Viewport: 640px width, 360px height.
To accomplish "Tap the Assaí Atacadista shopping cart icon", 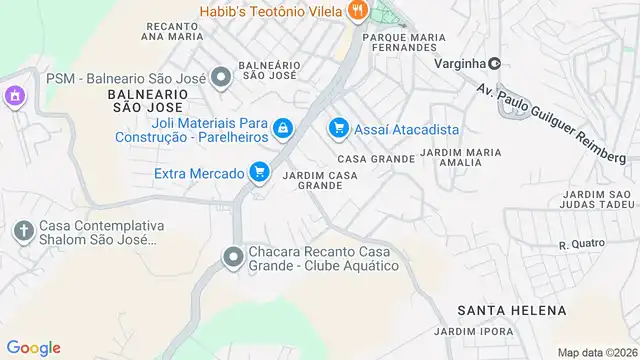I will pyautogui.click(x=339, y=128).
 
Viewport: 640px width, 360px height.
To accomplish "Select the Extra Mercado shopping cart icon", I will pyautogui.click(x=260, y=172).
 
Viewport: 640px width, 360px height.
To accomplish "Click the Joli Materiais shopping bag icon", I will pyautogui.click(x=283, y=128).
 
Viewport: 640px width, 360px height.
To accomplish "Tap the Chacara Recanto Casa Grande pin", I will pyautogui.click(x=233, y=257).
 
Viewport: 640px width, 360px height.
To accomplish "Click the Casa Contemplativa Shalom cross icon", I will pyautogui.click(x=24, y=231).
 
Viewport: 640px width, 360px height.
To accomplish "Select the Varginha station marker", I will pyautogui.click(x=494, y=62).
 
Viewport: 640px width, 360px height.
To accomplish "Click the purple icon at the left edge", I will pyautogui.click(x=13, y=97).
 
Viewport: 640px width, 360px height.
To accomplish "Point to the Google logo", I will pyautogui.click(x=34, y=347).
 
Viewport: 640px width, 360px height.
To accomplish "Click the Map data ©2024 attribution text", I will pyautogui.click(x=596, y=352).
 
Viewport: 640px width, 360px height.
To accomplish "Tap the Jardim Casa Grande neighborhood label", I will pyautogui.click(x=320, y=180).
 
